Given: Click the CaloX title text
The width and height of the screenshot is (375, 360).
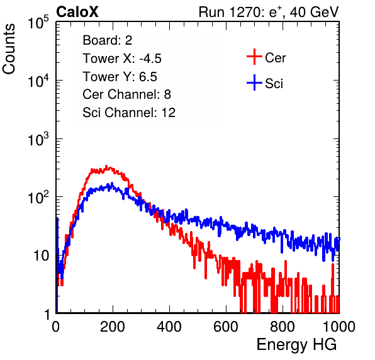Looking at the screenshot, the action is [x=77, y=12].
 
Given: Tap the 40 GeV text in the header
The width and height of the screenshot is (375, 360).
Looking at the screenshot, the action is [x=314, y=12].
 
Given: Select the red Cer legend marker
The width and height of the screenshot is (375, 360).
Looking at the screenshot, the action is [x=254, y=57].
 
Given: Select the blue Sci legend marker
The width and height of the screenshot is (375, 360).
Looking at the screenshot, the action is [x=254, y=83].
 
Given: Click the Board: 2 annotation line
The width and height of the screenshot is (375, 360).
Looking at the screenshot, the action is [x=108, y=40].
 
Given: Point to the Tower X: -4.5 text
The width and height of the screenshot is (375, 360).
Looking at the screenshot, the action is [x=122, y=59].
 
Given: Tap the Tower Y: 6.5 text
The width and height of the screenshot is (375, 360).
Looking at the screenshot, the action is [x=120, y=77].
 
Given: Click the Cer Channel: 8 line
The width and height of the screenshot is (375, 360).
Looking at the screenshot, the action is [x=126, y=94].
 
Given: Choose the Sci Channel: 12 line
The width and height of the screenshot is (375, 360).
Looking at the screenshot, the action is [x=129, y=113].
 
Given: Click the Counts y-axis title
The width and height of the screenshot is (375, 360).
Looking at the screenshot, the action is [x=9, y=49].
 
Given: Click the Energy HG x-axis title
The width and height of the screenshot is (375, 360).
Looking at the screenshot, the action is [x=296, y=344].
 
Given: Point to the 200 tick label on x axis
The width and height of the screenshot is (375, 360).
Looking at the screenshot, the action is [x=113, y=327].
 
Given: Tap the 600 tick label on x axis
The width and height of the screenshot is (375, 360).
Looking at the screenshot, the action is [x=226, y=327].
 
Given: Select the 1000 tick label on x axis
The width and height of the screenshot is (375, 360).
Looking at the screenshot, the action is [x=339, y=327].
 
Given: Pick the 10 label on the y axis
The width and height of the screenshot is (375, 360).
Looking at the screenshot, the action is [x=41, y=256].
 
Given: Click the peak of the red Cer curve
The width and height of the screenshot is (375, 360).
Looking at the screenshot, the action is [x=107, y=167].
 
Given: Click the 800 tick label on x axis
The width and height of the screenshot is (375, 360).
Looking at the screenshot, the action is [x=283, y=327].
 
